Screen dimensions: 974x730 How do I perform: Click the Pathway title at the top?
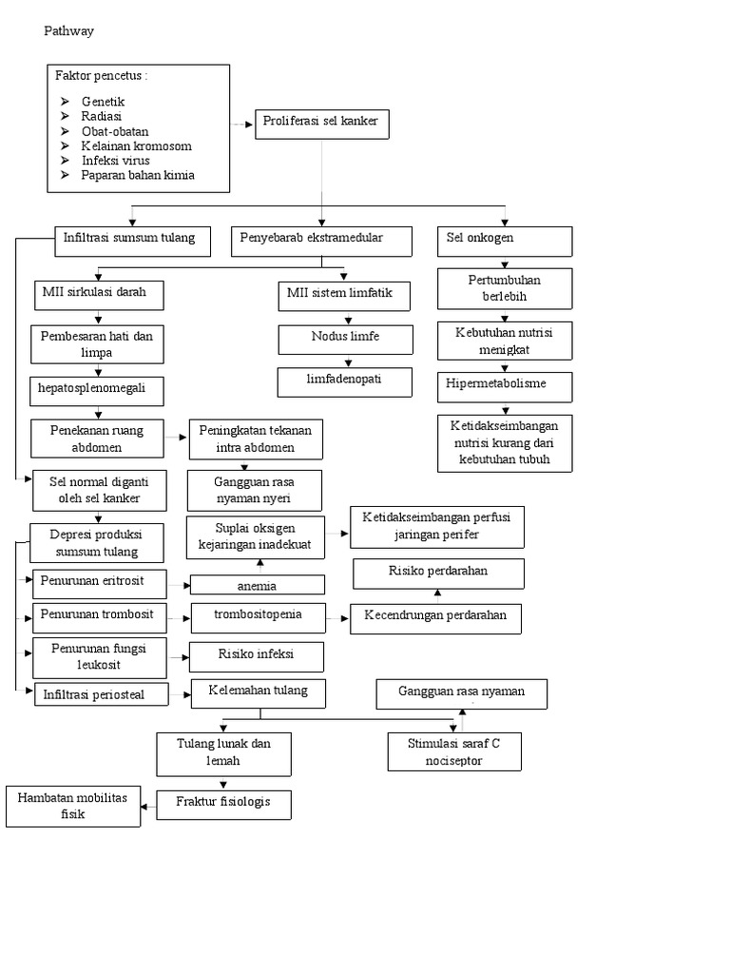[x=69, y=31]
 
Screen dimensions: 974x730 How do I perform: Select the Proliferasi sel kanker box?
[x=322, y=124]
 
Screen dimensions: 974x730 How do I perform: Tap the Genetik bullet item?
[x=103, y=101]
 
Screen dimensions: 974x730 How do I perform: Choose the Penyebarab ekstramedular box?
[x=321, y=241]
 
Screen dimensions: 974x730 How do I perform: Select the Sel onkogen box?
[x=505, y=241]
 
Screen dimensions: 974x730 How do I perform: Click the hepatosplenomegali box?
[x=97, y=391]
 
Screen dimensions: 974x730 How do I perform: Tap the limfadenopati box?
[x=346, y=380]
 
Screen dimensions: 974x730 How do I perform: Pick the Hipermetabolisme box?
[x=505, y=386]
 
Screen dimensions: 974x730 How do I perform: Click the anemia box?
[x=258, y=586]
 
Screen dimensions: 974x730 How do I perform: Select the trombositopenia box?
[x=258, y=616]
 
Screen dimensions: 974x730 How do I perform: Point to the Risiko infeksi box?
[x=257, y=656]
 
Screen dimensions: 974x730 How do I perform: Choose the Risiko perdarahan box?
[x=438, y=574]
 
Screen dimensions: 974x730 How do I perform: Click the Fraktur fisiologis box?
[x=223, y=804]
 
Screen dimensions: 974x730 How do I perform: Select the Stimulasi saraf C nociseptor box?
[x=454, y=751]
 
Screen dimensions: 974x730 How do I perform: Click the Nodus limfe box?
[x=346, y=340]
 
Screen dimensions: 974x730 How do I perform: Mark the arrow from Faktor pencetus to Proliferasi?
[x=241, y=125]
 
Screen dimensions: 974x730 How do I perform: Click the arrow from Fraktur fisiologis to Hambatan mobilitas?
[x=148, y=806]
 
